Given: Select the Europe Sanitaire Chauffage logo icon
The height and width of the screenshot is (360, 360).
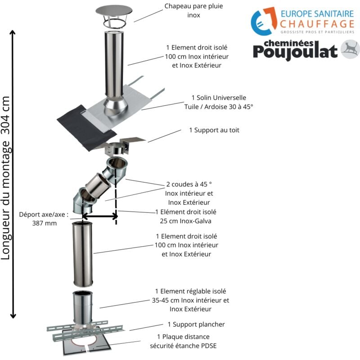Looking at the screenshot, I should pos(264,21).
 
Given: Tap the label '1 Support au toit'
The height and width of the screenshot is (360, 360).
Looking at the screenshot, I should pos(214,130).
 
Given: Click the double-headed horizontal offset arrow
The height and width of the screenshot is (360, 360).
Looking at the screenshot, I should pos(99,216).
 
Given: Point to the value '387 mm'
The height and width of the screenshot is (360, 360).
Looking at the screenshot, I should pos(45,223).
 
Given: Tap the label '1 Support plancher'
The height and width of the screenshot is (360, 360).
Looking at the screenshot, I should pos(196,324).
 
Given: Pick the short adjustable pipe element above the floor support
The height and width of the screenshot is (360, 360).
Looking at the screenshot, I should pos(82,308).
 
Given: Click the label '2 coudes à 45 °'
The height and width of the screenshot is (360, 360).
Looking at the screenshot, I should pos(189,184).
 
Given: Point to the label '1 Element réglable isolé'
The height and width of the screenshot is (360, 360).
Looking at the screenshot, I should pos(190,291).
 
